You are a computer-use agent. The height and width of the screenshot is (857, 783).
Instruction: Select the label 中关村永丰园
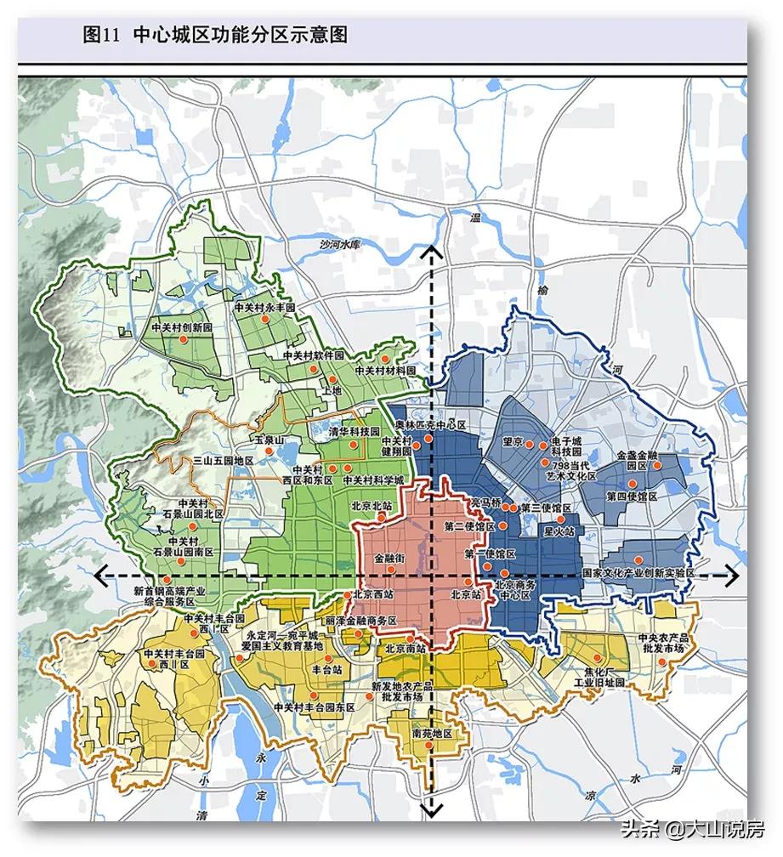point(264,307)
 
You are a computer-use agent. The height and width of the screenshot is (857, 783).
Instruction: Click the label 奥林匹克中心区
point(433,424)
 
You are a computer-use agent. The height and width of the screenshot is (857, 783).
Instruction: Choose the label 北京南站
point(405,648)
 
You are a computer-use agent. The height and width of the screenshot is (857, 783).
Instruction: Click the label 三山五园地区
point(224,460)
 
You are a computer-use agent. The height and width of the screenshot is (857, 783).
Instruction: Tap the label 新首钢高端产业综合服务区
point(171,595)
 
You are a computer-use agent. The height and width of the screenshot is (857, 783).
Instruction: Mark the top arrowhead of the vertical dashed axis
point(432,252)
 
